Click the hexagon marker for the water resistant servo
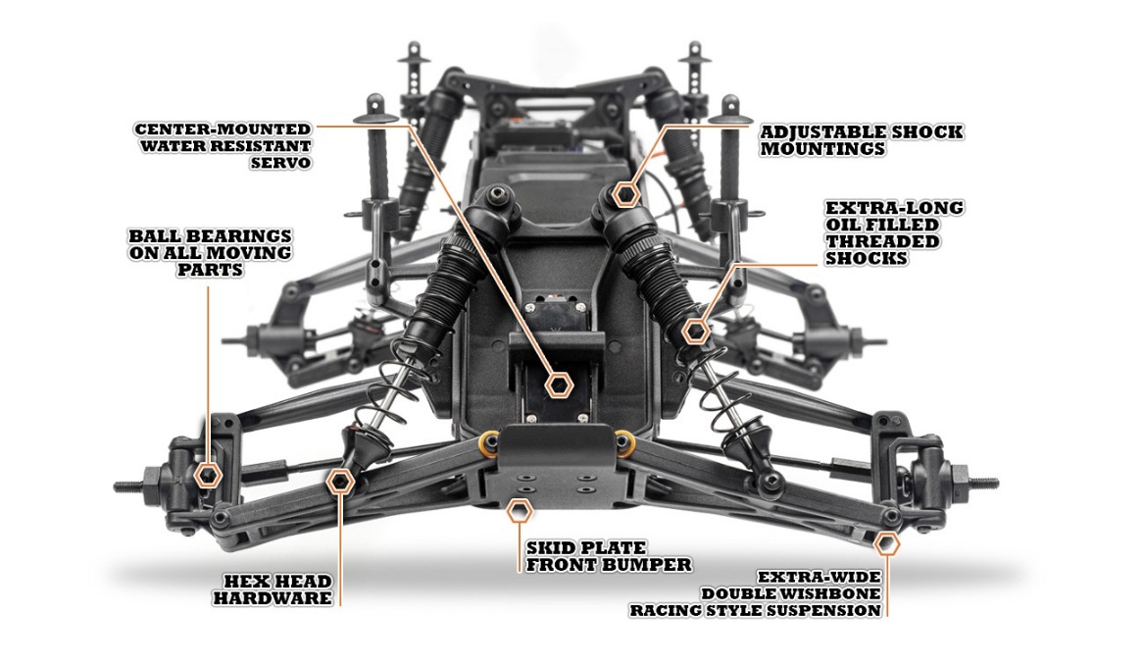click(x=559, y=384)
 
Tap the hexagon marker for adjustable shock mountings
click(x=625, y=194)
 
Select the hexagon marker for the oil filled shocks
click(x=696, y=332)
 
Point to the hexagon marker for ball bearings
click(x=209, y=475)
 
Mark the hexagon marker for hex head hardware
click(x=340, y=481)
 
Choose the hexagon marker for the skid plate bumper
click(x=519, y=511)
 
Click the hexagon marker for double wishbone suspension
click(x=886, y=543)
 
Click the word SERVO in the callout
click(x=280, y=163)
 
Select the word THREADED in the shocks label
click(x=882, y=242)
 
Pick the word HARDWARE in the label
click(x=273, y=599)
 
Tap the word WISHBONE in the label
click(x=834, y=593)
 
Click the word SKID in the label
click(x=548, y=548)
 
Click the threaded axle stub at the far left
click(x=130, y=487)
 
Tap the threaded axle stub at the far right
click(x=982, y=483)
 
